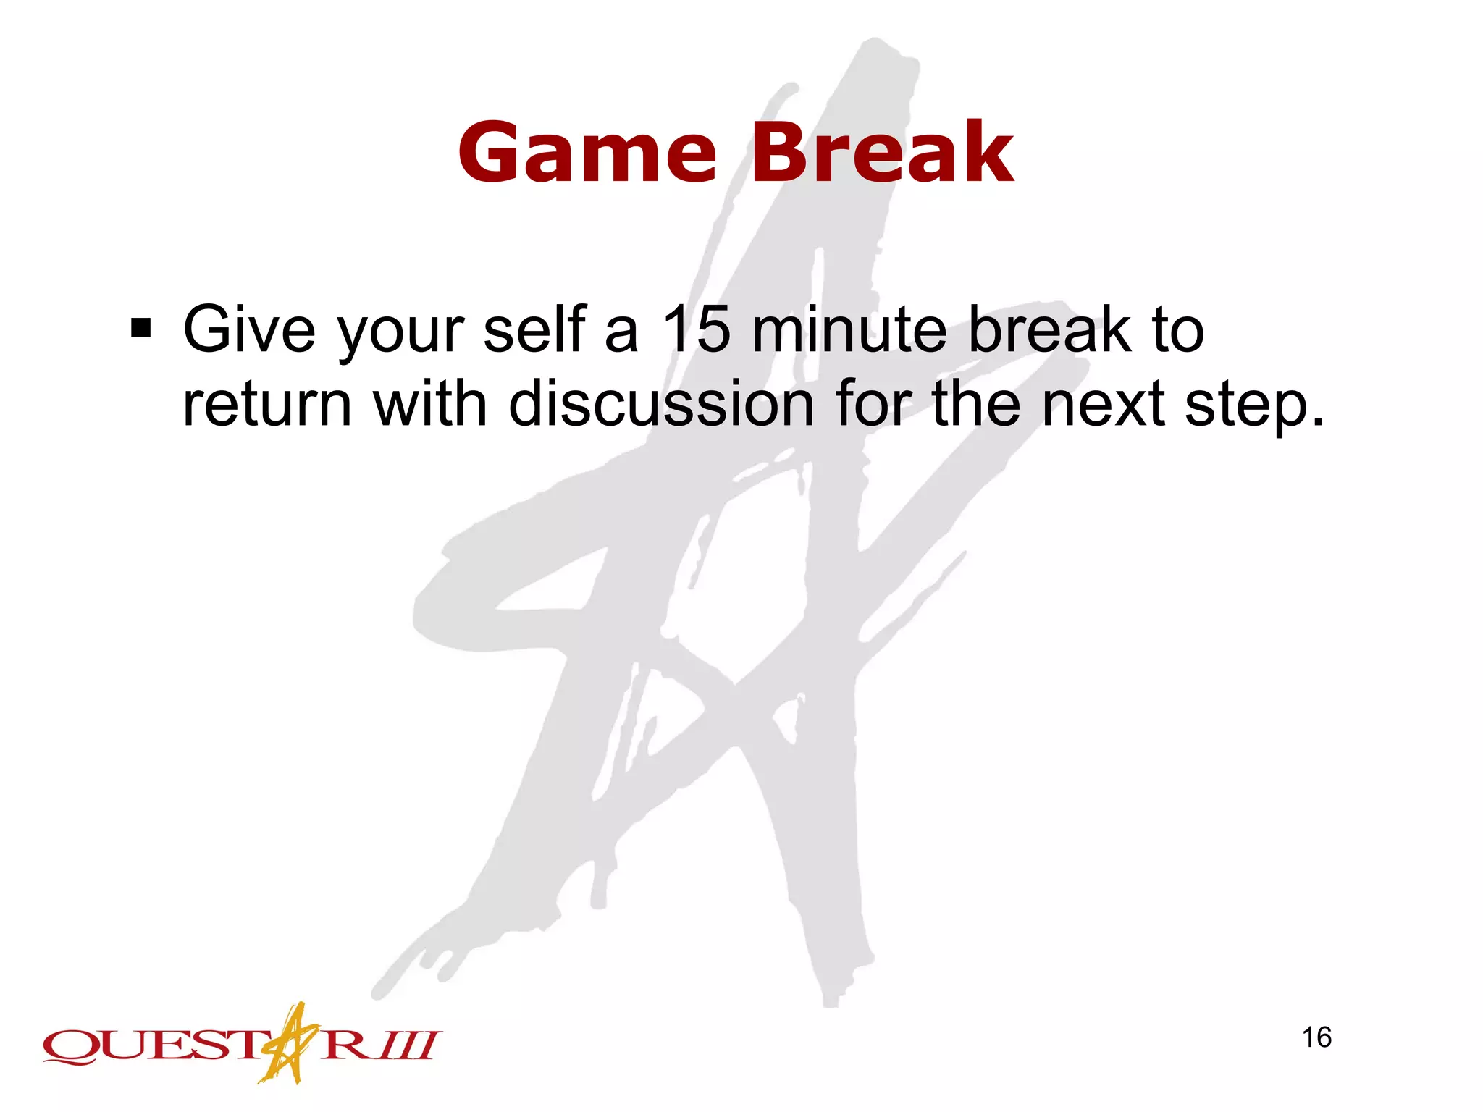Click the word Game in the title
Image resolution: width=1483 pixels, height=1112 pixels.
pos(587,153)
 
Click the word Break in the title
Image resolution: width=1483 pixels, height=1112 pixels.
pos(882,153)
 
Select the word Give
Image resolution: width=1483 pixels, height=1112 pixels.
pos(249,329)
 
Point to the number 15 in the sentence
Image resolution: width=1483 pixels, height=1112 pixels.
pos(697,329)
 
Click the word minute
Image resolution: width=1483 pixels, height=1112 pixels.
pos(849,329)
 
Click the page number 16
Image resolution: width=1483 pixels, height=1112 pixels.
pos(1316,1037)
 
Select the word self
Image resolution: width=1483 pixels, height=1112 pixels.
pos(534,329)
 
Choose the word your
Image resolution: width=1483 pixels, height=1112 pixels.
pos(401,333)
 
